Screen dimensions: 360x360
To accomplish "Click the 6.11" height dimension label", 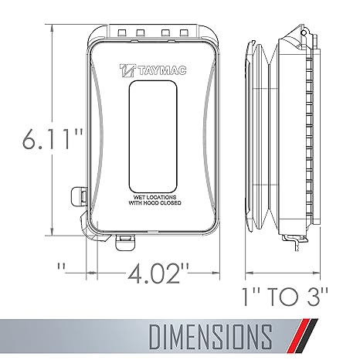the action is [53, 139].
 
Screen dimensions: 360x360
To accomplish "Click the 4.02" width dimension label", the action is [158, 273].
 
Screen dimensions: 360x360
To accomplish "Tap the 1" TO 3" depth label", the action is [286, 297].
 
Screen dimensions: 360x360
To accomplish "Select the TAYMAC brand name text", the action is [162, 70].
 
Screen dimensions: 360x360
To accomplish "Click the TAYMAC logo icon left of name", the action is [127, 70].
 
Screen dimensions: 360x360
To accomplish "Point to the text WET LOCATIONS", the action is [155, 197].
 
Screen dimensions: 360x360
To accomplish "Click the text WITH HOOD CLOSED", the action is [155, 203].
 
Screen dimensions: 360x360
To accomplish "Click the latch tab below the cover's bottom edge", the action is [125, 242].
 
